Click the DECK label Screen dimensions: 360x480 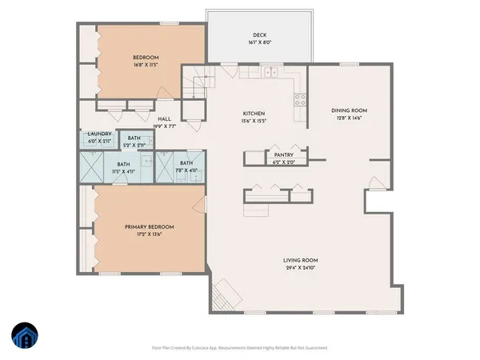pyautogui.click(x=258, y=36)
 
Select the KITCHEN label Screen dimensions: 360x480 pyautogui.click(x=254, y=114)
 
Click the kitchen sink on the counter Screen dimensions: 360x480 pyautogui.click(x=270, y=73)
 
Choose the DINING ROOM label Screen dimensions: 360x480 pyautogui.click(x=348, y=110)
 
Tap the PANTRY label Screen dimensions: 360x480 pyautogui.click(x=283, y=154)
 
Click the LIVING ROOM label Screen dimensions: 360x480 pyautogui.click(x=301, y=260)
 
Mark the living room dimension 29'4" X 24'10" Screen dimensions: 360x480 pyautogui.click(x=301, y=269)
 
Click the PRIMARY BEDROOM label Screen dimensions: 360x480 pyautogui.click(x=149, y=227)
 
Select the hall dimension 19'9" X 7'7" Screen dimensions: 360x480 pyautogui.click(x=165, y=126)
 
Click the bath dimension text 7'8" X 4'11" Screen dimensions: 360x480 pyautogui.click(x=186, y=170)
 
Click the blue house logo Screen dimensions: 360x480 pyautogui.click(x=25, y=337)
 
